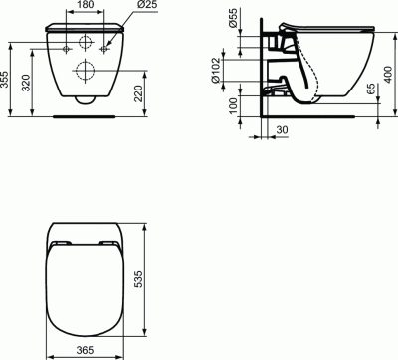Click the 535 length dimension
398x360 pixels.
[150, 283]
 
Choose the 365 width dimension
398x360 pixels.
[85, 350]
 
